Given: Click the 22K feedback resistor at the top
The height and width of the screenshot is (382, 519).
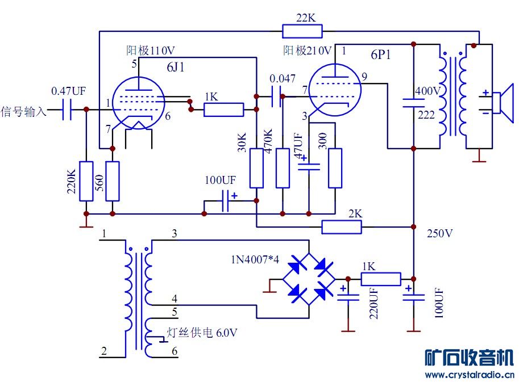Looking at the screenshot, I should pyautogui.click(x=302, y=31).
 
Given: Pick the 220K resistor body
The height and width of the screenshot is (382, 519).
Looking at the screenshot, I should pyautogui.click(x=86, y=180).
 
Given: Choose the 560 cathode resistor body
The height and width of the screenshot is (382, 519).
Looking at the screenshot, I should pyautogui.click(x=113, y=180).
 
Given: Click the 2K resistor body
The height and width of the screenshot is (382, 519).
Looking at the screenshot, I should pyautogui.click(x=342, y=227).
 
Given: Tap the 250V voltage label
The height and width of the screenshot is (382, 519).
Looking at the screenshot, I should pyautogui.click(x=440, y=233).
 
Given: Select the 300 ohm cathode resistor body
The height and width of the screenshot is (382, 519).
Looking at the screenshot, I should pyautogui.click(x=335, y=168).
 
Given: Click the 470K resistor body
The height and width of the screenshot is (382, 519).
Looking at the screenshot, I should pyautogui.click(x=283, y=168).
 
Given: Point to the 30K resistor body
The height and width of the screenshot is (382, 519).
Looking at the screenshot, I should pyautogui.click(x=256, y=168).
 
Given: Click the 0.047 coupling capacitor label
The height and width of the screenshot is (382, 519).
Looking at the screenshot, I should pyautogui.click(x=283, y=78).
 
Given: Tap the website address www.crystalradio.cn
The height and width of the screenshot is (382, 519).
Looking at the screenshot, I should pyautogui.click(x=469, y=374).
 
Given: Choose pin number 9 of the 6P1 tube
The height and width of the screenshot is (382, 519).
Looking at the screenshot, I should pyautogui.click(x=364, y=77).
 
